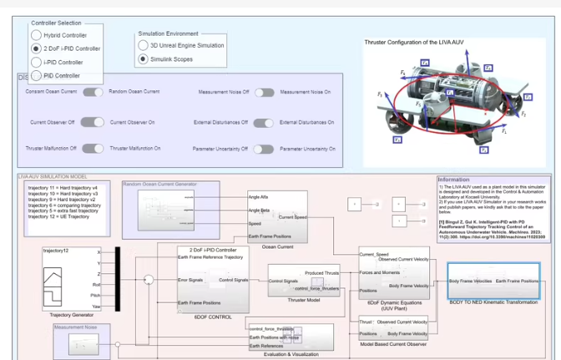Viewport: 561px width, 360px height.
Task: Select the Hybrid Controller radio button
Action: click(36, 35)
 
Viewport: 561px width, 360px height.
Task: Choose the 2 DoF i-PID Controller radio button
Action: click(36, 48)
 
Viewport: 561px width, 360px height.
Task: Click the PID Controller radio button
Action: click(36, 75)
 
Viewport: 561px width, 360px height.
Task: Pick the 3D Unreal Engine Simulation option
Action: click(144, 45)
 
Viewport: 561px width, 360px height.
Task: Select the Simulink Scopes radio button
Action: click(144, 58)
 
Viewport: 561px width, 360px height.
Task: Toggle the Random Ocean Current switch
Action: click(93, 91)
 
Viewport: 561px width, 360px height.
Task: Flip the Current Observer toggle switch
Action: click(93, 122)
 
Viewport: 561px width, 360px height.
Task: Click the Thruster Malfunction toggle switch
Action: click(93, 148)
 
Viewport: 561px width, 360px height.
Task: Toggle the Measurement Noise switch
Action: click(264, 91)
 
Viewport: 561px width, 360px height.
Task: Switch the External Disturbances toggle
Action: click(264, 122)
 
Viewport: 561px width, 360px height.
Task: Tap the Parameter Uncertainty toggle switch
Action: click(264, 149)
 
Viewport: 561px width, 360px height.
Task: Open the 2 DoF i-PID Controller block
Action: click(213, 279)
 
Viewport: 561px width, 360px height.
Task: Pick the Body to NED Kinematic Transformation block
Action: click(493, 281)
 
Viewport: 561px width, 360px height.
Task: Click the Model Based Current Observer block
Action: click(394, 327)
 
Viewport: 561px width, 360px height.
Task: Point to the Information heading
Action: click(454, 179)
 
